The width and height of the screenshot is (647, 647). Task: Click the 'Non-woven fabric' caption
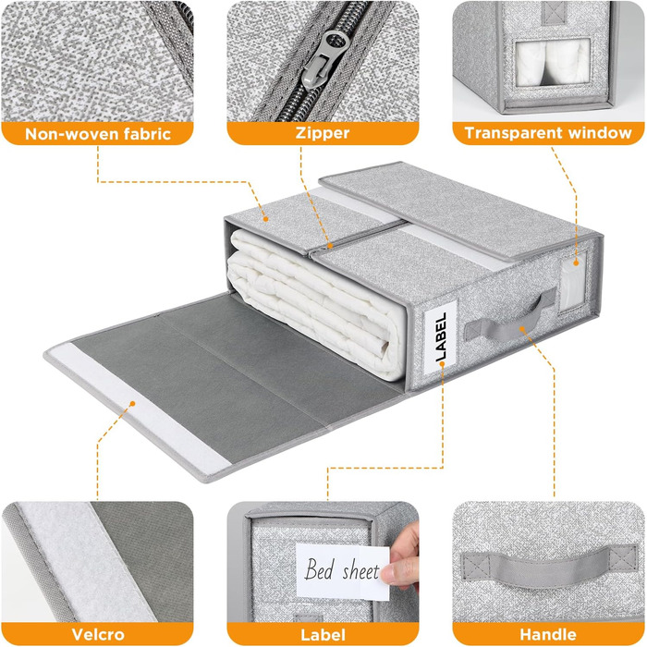pyautogui.click(x=98, y=134)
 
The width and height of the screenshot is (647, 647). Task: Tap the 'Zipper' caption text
pyautogui.click(x=323, y=133)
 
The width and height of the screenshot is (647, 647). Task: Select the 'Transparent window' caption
pyautogui.click(x=548, y=133)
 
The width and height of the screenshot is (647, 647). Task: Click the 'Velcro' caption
pyautogui.click(x=98, y=634)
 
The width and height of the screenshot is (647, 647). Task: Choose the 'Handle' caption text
pyautogui.click(x=548, y=634)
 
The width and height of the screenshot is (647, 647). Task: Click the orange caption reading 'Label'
pyautogui.click(x=323, y=635)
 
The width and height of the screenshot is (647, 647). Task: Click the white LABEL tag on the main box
pyautogui.click(x=440, y=337)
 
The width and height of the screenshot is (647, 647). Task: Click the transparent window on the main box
pyautogui.click(x=573, y=281)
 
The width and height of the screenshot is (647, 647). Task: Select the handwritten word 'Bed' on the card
pyautogui.click(x=319, y=568)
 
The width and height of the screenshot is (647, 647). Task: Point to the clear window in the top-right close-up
pyautogui.click(x=553, y=63)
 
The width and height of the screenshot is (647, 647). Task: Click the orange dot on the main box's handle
pyautogui.click(x=522, y=329)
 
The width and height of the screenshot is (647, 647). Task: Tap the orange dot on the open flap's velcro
pyautogui.click(x=132, y=403)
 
